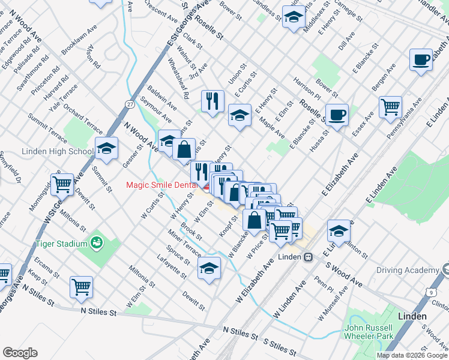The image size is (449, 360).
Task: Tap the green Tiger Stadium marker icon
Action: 96,242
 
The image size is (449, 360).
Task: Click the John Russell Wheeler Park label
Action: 369,332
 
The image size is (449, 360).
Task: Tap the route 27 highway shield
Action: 130,104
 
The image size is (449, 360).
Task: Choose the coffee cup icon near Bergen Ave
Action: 421,60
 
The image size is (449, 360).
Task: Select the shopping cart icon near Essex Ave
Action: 391,107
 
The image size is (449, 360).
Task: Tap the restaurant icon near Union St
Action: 212,101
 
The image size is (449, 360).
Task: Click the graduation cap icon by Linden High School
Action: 106,148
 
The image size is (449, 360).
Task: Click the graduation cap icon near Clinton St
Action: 339,231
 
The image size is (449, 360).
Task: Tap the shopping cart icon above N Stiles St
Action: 81,286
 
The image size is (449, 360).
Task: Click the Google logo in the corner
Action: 20,353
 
